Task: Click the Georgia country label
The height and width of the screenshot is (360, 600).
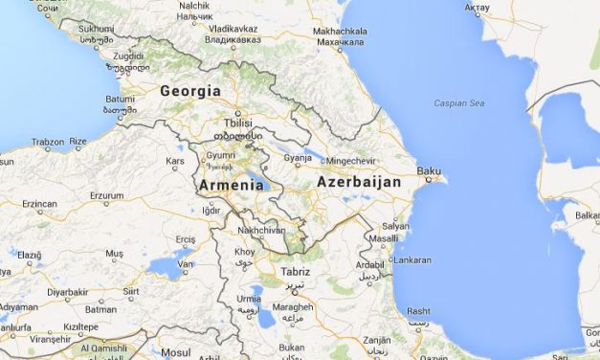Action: [x=189, y=91]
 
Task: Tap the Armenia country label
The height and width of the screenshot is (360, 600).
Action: [x=231, y=185]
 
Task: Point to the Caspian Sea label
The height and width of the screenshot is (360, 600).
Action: [x=458, y=102]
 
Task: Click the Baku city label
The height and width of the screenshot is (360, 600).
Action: [x=428, y=171]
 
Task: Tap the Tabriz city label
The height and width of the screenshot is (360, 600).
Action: [x=295, y=272]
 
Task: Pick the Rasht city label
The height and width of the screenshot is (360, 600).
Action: [x=418, y=311]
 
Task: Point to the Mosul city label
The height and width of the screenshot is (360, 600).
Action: [x=177, y=352]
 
